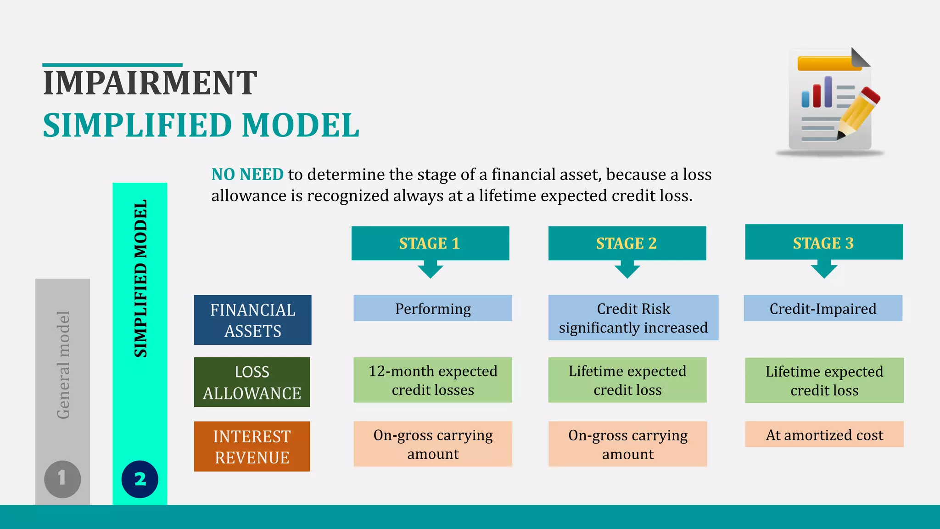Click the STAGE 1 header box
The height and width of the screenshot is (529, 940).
430,243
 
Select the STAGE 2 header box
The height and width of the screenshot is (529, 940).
627,243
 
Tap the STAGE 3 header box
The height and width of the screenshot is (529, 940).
824,242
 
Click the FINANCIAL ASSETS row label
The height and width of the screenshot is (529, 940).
252,320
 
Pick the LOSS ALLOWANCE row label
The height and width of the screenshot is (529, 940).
252,382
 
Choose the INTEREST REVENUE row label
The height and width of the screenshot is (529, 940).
252,446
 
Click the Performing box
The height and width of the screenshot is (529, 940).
432,308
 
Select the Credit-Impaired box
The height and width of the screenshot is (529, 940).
823,308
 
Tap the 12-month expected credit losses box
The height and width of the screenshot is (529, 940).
432,380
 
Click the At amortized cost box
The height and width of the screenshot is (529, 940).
824,434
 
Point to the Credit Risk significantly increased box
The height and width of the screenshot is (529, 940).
633,318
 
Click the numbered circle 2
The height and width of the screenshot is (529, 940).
140,479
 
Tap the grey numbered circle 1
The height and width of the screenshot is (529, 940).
62,479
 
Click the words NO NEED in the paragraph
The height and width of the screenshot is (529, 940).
247,174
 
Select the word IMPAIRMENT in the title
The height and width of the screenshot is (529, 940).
150,83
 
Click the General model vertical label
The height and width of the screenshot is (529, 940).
63,365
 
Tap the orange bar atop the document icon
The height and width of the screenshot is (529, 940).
828,63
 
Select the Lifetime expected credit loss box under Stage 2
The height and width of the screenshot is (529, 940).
627,380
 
